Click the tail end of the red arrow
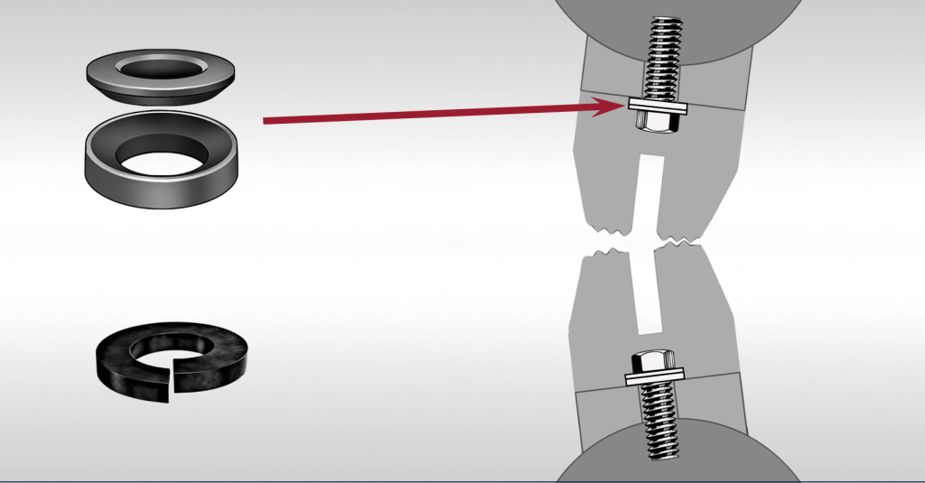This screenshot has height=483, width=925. (265, 119)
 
